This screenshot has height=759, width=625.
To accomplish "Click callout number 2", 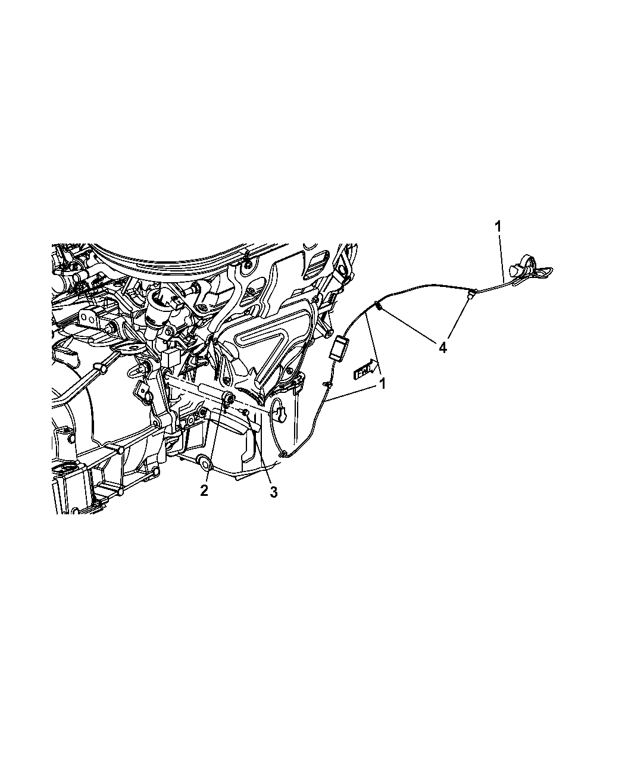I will pyautogui.click(x=204, y=491).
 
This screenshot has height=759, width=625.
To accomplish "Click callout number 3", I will pyautogui.click(x=274, y=492).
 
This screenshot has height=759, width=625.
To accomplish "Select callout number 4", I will pyautogui.click(x=442, y=348).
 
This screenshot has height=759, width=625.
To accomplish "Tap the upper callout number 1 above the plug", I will pyautogui.click(x=498, y=226).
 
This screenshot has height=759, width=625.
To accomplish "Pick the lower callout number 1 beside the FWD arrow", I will pyautogui.click(x=383, y=385).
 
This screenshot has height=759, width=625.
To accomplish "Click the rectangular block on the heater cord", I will pyautogui.click(x=338, y=349).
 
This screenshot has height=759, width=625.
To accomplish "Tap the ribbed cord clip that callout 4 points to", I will pyautogui.click(x=378, y=307).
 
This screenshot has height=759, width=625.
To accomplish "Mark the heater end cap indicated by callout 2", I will pyautogui.click(x=229, y=399).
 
